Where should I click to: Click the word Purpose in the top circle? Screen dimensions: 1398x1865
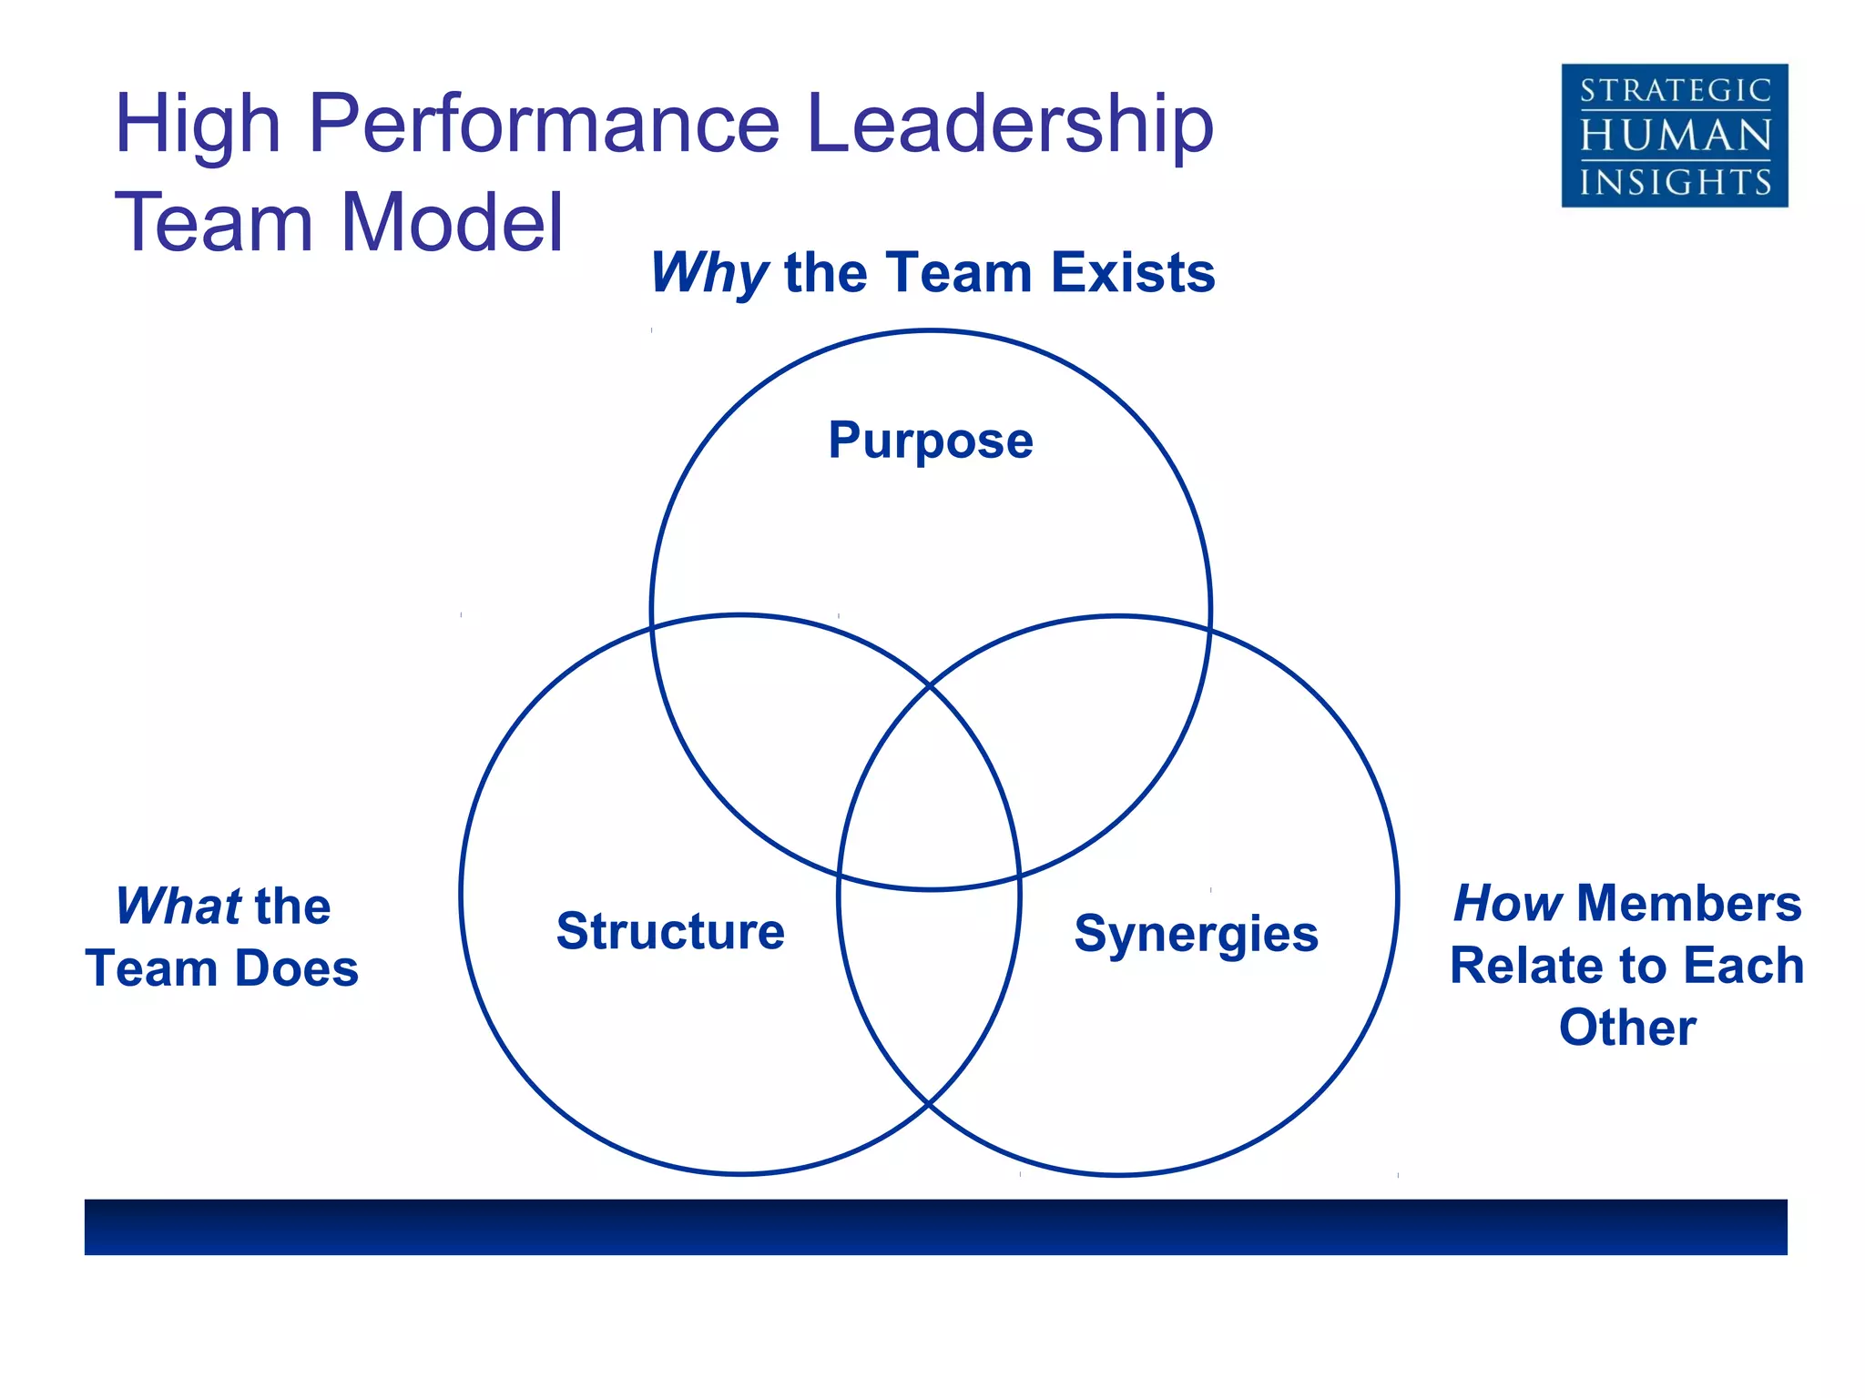(930, 441)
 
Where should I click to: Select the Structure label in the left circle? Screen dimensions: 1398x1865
(670, 931)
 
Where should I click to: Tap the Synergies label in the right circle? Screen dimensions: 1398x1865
(1196, 935)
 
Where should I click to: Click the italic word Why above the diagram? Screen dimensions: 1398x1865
(709, 272)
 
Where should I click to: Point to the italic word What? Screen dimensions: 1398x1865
(178, 907)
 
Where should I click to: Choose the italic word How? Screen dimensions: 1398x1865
(1507, 903)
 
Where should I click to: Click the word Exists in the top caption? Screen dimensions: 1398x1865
(1133, 272)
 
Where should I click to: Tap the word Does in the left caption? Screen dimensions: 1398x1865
(297, 968)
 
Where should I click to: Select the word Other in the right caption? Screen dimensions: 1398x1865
(1626, 1028)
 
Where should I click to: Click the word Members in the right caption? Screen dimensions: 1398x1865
(1689, 903)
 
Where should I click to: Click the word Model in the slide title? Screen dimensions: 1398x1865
(453, 222)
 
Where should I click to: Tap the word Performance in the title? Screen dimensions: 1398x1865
(545, 124)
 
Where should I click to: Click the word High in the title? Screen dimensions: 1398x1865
(197, 126)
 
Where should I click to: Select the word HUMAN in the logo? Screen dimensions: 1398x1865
(1675, 137)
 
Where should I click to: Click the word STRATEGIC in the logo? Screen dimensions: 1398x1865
(1675, 91)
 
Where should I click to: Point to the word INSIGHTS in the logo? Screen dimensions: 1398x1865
(1675, 182)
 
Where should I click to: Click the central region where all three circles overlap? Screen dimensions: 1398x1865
(930, 801)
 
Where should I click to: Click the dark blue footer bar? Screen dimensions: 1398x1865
(935, 1226)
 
